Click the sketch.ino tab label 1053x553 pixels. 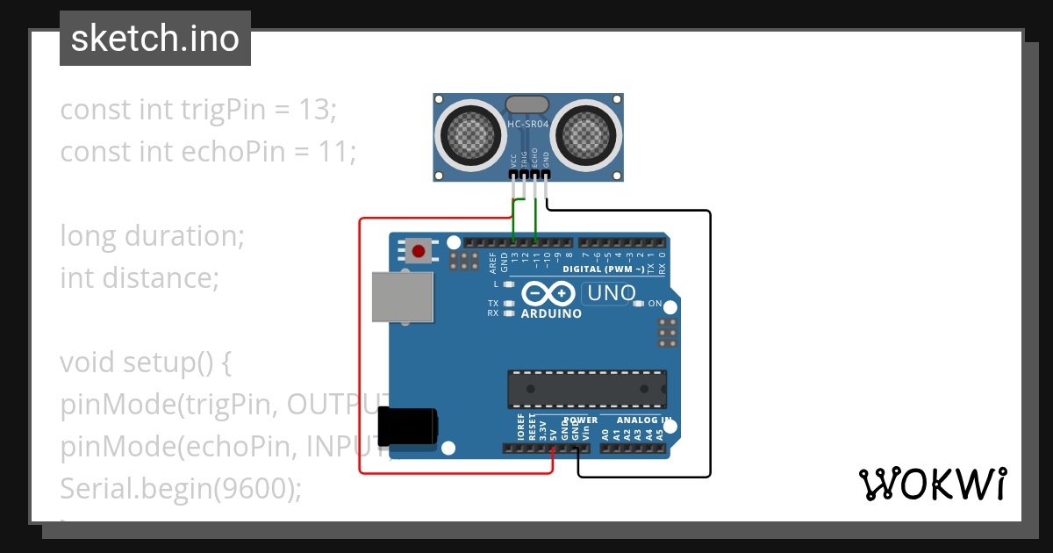click(154, 39)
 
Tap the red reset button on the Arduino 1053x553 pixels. click(419, 252)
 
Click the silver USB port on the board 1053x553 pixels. click(403, 298)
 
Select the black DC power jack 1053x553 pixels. click(408, 427)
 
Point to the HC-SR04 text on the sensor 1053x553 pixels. click(528, 125)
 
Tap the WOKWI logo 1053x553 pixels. click(932, 484)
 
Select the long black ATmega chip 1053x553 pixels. click(586, 389)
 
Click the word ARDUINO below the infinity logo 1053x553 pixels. click(551, 313)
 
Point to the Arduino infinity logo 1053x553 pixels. click(550, 293)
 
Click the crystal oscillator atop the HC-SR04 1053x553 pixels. click(527, 105)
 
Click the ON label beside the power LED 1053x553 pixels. click(655, 304)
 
